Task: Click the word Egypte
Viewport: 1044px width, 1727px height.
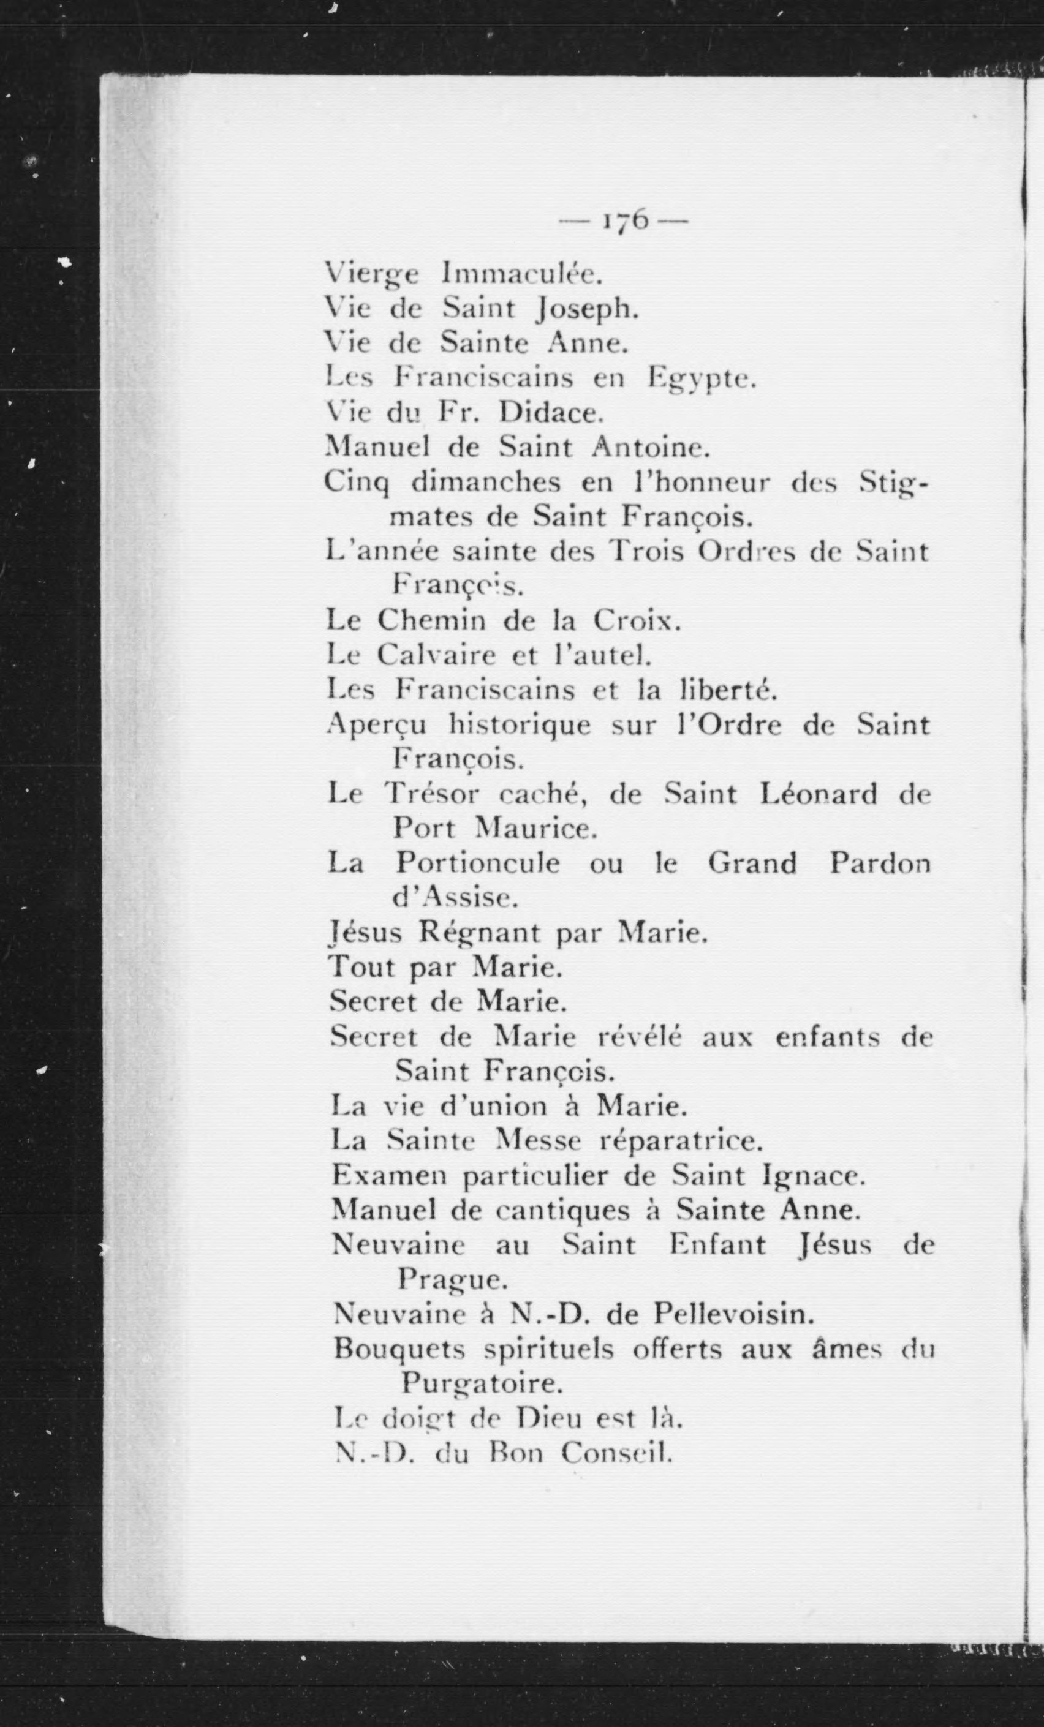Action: point(701,379)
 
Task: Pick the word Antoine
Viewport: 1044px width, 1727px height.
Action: point(651,447)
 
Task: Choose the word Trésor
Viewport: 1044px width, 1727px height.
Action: point(433,794)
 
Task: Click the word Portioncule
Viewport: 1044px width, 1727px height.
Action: point(477,863)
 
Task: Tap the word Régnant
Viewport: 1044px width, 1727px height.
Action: point(485,933)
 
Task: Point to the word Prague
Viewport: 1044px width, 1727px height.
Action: point(453,1281)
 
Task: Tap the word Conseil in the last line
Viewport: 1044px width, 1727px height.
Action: point(617,1454)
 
